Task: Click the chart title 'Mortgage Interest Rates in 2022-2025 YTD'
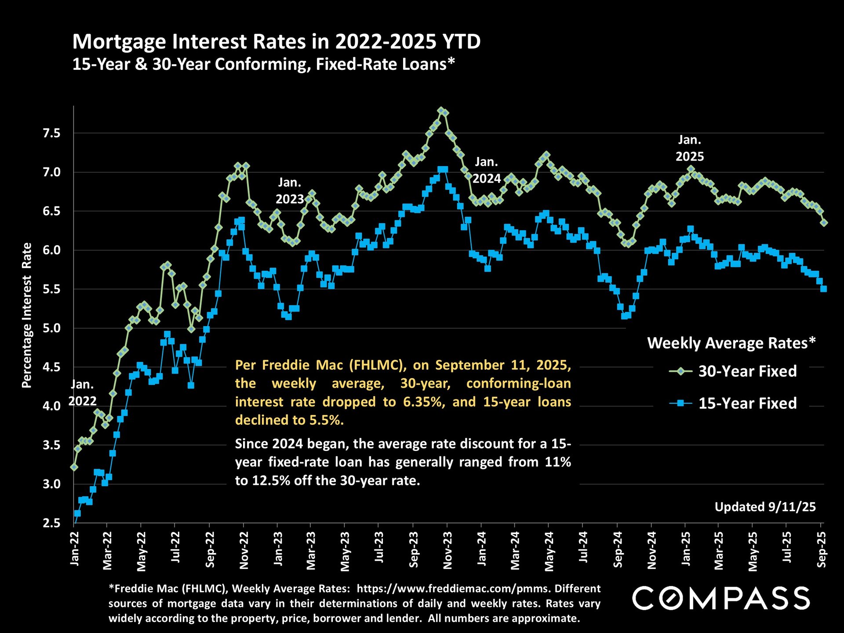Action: [276, 42]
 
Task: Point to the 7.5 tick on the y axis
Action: [51, 133]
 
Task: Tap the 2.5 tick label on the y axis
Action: [51, 523]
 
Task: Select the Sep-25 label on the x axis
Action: [821, 549]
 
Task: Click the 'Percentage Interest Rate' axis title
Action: [27, 315]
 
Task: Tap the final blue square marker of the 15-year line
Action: [824, 289]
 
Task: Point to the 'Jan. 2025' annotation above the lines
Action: [690, 148]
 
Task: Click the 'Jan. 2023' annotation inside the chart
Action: [289, 191]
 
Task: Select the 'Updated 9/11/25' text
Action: [765, 507]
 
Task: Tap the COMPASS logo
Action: [721, 598]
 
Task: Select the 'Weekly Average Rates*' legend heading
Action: [731, 343]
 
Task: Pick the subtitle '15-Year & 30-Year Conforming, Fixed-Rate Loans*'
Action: [263, 65]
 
